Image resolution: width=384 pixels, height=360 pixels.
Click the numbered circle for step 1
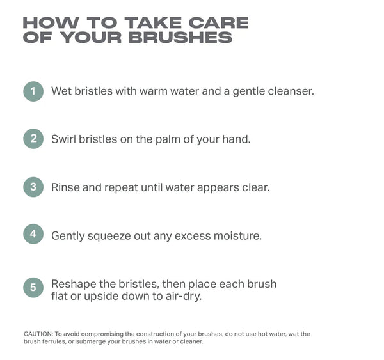click(x=33, y=91)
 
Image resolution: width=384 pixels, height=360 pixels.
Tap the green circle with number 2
click(x=33, y=139)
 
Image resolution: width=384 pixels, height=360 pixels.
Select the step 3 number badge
click(x=33, y=187)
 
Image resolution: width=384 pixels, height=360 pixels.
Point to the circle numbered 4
click(x=33, y=234)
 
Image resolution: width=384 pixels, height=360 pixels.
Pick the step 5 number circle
click(x=33, y=287)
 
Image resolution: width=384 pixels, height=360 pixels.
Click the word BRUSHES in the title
click(x=180, y=38)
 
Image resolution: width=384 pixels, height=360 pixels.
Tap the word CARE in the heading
click(x=218, y=23)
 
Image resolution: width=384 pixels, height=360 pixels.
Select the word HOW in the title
click(x=51, y=23)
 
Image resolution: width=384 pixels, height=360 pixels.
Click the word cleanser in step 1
click(x=291, y=91)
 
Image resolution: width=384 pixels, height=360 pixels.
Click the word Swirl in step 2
click(x=63, y=139)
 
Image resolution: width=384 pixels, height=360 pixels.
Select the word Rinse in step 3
click(x=65, y=187)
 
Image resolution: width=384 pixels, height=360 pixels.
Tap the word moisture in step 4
click(x=238, y=236)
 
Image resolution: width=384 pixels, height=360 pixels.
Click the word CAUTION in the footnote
click(x=38, y=334)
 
